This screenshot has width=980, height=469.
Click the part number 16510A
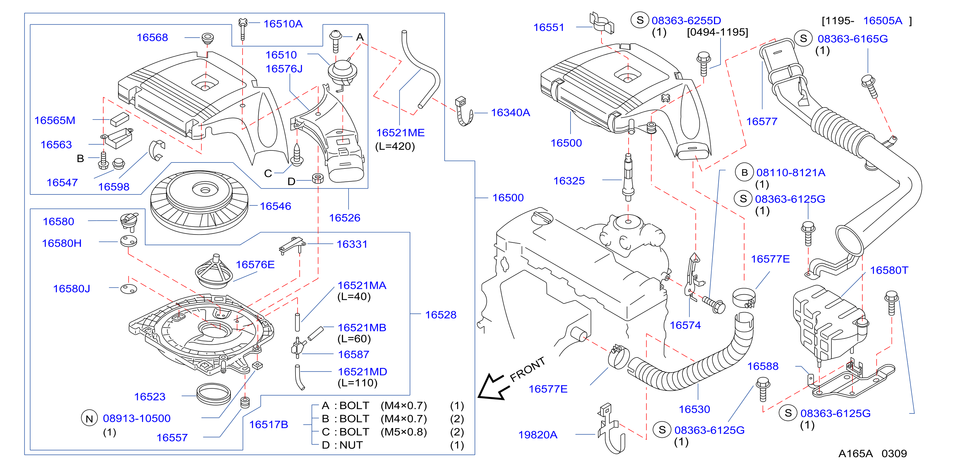tap(283, 24)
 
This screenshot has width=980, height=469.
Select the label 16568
tap(152, 38)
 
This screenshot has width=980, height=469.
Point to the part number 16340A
tap(510, 113)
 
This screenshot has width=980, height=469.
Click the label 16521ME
tap(400, 133)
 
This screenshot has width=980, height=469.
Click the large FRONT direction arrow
tap(493, 387)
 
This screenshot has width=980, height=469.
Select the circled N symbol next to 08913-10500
tap(89, 419)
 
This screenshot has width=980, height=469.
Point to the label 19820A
tap(538, 435)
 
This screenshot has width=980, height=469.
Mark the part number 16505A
tap(883, 21)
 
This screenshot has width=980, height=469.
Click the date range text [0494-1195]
tap(718, 32)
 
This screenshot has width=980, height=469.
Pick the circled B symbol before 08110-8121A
tap(744, 173)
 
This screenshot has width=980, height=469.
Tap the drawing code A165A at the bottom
tap(856, 454)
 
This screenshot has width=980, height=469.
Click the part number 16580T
tap(889, 270)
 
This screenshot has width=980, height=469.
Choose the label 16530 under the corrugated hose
tap(694, 409)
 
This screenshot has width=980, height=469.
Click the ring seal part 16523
tap(214, 394)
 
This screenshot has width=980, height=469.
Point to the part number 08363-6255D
tap(686, 21)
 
